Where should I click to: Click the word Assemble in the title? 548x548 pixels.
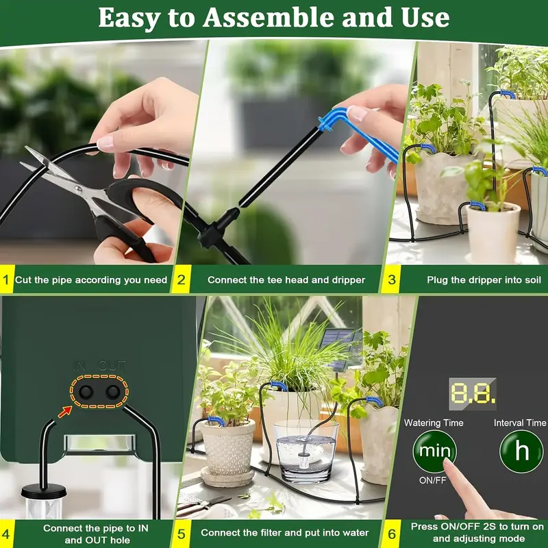[x=274, y=18]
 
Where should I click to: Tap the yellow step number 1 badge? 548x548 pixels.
[x=6, y=279]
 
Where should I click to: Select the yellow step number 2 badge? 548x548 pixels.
[x=182, y=279]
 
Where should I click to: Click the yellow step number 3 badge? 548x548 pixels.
[x=392, y=279]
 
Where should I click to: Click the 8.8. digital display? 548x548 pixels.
[x=472, y=393]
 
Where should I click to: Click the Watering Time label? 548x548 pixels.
[x=434, y=423]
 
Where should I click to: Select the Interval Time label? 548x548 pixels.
[x=520, y=423]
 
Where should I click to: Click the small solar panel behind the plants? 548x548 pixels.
[x=340, y=342]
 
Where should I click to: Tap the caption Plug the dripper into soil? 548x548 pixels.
[x=484, y=279]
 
